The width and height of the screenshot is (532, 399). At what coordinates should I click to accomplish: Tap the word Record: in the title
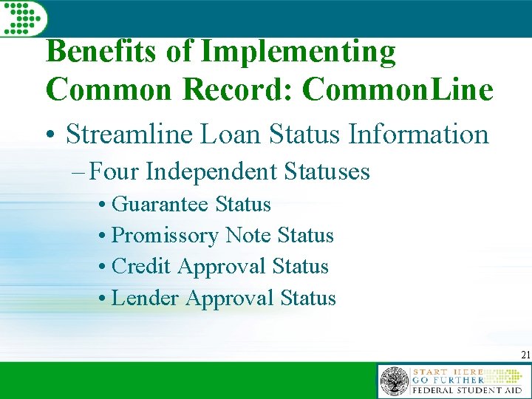tap(241, 89)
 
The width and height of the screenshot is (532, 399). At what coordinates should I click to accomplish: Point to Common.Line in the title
tap(398, 89)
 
